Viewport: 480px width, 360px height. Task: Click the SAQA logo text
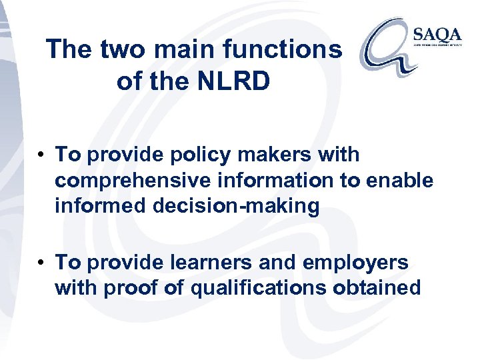(435, 35)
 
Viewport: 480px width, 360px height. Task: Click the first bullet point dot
(41, 155)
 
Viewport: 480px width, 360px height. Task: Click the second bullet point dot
(41, 263)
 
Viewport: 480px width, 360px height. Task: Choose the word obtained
(385, 288)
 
